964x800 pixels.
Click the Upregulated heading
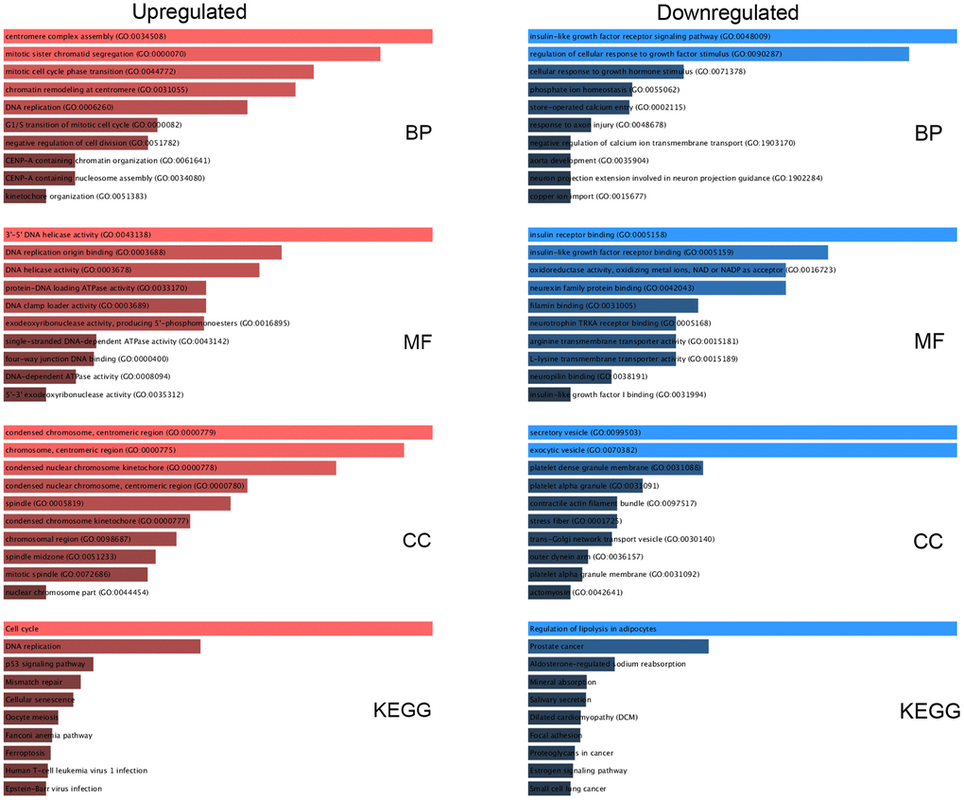189,12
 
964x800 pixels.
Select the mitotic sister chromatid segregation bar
192,54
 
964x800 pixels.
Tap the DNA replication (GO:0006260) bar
126,108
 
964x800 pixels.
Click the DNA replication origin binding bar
143,252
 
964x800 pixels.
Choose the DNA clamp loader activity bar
105,305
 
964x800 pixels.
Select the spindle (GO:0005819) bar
117,503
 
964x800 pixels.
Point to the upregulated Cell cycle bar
218,629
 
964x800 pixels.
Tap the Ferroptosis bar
27,753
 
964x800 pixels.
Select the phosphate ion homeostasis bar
578,90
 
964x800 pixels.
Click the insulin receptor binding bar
742,235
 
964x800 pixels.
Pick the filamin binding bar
612,305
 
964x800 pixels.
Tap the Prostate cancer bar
618,647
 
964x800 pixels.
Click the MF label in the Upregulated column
417,341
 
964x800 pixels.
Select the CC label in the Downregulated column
928,541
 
